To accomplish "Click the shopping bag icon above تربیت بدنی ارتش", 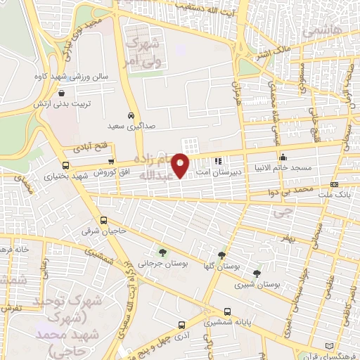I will pyautogui.click(x=62, y=93).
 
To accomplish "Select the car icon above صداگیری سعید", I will pyautogui.click(x=131, y=115).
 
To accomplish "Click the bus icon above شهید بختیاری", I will pyautogui.click(x=56, y=167).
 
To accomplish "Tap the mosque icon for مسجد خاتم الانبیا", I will pyautogui.click(x=283, y=157).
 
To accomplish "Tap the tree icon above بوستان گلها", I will pyautogui.click(x=221, y=255).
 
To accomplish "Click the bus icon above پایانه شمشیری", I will pyautogui.click(x=226, y=311).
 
